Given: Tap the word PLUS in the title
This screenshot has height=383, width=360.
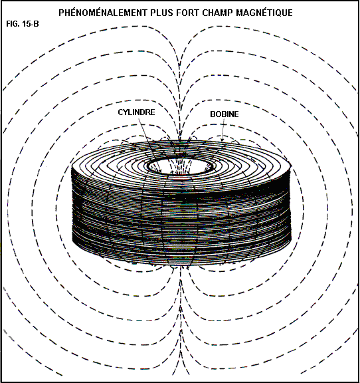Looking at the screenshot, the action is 161,13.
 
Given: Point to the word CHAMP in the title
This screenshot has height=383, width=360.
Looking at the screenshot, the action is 217,13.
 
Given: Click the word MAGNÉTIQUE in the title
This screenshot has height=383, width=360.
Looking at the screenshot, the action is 264,13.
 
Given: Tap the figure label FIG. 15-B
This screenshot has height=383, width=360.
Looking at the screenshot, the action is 23,24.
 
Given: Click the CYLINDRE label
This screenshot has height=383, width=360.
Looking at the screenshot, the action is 136,112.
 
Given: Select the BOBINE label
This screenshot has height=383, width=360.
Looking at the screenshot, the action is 225,114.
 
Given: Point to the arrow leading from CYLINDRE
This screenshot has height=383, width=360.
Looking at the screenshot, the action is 149,145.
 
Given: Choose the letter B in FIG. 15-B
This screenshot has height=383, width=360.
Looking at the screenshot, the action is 36,24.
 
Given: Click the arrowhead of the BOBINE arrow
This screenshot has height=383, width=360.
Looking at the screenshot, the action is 223,139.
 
